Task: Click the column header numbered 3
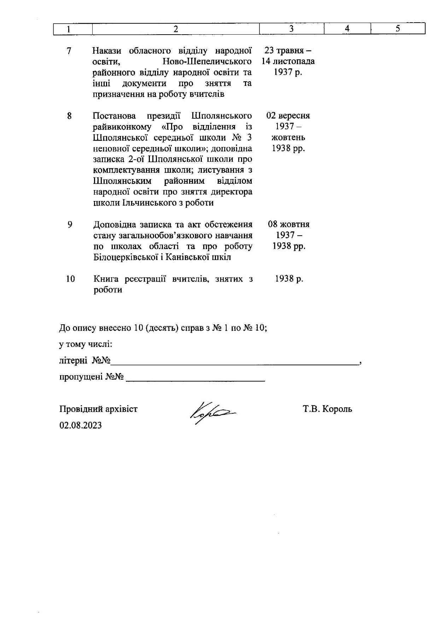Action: [291, 29]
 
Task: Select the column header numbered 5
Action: [398, 29]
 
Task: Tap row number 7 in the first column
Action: [69, 51]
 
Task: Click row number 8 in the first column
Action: [69, 116]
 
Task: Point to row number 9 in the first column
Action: [70, 225]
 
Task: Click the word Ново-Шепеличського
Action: [207, 62]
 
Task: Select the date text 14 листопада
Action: [288, 61]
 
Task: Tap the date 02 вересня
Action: [288, 116]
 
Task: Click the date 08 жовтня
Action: [289, 224]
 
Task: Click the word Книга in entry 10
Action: [106, 279]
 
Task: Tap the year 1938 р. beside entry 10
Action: [289, 279]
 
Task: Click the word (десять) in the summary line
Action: [161, 328]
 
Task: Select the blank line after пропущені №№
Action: [195, 378]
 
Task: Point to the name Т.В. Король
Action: [327, 409]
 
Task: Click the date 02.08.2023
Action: [81, 425]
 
